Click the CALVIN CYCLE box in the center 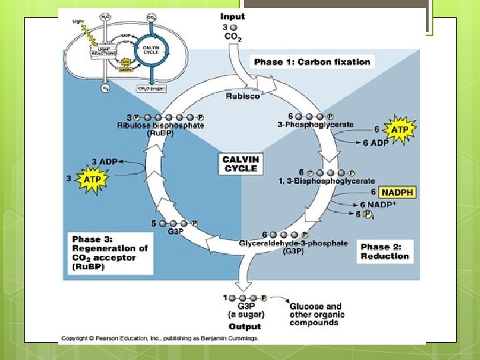240,163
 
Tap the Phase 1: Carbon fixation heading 311,62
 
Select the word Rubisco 243,96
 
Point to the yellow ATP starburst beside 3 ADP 91,179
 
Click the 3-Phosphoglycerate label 315,125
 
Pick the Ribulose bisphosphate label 161,125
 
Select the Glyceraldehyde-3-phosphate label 293,243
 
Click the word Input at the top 233,16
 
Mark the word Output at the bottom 245,327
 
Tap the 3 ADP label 105,161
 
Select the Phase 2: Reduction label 385,251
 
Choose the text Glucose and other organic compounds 315,315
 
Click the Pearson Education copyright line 159,338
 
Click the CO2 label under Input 233,38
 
